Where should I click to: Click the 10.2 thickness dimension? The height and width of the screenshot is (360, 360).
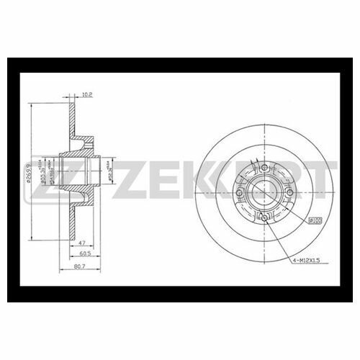87,94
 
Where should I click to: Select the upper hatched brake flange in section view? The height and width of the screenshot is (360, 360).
73,115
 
